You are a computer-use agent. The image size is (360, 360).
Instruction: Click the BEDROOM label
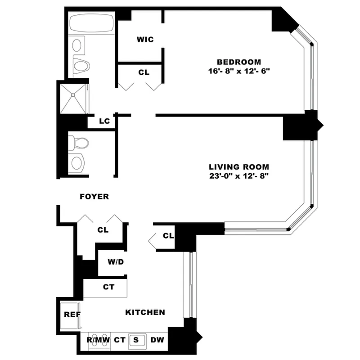[238, 62]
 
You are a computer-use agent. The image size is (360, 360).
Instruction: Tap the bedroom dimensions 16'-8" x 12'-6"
[238, 71]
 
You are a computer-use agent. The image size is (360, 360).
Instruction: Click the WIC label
[145, 40]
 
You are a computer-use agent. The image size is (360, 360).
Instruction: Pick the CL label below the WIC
[144, 72]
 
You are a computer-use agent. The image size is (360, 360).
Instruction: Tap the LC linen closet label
[105, 121]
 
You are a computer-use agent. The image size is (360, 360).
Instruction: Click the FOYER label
[94, 197]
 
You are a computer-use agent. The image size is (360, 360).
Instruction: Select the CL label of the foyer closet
[103, 229]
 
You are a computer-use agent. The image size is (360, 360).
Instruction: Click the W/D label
[116, 262]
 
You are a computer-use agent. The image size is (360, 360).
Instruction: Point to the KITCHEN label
[145, 312]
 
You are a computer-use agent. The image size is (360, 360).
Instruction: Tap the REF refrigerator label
[72, 315]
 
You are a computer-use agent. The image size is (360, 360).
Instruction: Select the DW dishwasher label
[157, 340]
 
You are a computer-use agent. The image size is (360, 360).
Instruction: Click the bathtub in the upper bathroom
[92, 23]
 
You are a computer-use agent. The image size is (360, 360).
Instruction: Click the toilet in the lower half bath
[80, 143]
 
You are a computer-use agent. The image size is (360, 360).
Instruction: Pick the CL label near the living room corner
[168, 235]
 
